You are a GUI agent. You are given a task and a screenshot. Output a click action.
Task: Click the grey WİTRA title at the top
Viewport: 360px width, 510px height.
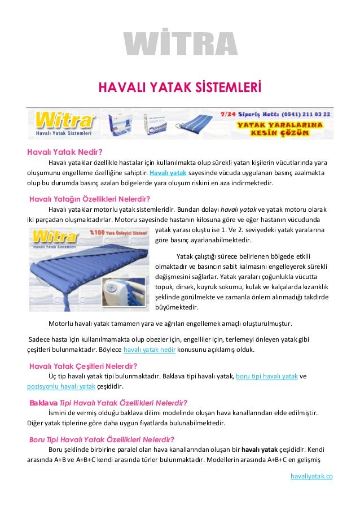click(180, 46)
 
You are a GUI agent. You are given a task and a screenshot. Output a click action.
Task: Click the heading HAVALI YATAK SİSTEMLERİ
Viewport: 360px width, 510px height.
click(180, 88)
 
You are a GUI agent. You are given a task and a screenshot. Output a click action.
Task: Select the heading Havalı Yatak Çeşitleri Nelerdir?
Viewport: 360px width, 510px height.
click(84, 365)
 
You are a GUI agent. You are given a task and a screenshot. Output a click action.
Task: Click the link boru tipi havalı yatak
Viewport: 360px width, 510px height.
click(267, 376)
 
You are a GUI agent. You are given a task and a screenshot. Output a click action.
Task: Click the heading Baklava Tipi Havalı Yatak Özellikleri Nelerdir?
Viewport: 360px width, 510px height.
click(108, 402)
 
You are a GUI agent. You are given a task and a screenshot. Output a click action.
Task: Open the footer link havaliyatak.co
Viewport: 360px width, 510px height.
click(311, 476)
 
